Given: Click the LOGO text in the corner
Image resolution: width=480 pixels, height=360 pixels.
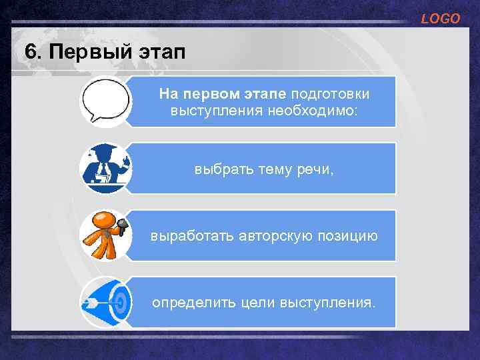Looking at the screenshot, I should (x=440, y=19).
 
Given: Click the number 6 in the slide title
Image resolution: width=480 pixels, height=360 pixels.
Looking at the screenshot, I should (x=28, y=51).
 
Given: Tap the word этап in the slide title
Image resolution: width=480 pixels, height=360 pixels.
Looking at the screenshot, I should (x=159, y=51).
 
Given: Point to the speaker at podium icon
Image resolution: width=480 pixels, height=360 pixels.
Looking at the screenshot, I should (x=105, y=168).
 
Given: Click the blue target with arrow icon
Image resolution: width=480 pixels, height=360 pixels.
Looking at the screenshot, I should (x=105, y=302).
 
